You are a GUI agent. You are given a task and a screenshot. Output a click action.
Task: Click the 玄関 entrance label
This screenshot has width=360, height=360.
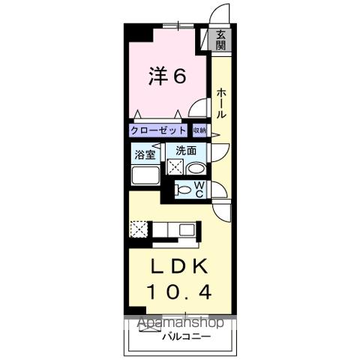[221, 40]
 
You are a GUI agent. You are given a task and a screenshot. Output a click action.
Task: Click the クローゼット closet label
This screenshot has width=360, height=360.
[158, 130]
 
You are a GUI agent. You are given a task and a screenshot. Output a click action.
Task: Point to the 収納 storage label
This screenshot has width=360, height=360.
[199, 130]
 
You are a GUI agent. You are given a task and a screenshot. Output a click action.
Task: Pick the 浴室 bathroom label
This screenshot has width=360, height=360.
[144, 154]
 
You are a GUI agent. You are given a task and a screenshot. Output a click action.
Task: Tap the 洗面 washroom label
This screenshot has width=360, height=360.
[186, 151]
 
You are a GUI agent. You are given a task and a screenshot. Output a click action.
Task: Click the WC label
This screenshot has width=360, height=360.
[199, 190]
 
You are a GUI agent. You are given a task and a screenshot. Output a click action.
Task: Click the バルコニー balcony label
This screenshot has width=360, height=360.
[185, 335]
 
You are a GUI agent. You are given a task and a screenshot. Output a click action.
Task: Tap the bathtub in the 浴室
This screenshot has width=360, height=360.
[145, 177]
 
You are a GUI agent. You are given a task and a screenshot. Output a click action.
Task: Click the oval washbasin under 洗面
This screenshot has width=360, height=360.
[193, 169]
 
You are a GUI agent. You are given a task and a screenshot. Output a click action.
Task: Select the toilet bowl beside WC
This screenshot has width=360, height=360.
[183, 190]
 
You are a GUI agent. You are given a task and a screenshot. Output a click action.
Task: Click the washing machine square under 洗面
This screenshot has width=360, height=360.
[175, 168]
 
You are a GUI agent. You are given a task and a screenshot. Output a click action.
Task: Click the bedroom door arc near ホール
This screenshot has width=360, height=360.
[197, 109]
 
